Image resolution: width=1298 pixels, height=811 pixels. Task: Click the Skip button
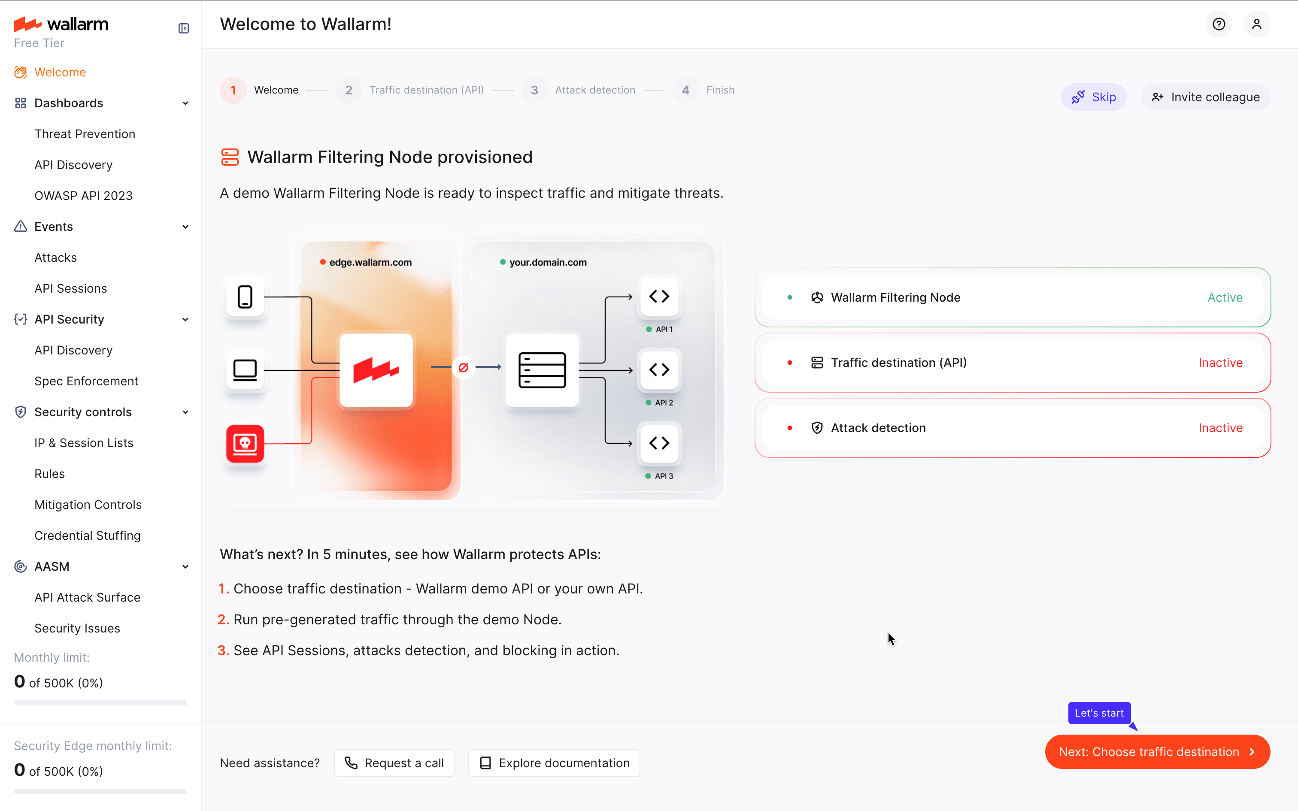[1094, 97]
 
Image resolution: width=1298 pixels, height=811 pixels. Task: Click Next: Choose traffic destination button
[1157, 751]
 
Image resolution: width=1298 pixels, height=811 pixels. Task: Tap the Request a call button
[394, 763]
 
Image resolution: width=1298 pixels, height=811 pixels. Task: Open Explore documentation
[554, 763]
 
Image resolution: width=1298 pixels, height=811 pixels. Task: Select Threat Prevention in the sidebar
[85, 134]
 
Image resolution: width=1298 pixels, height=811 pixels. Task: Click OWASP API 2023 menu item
[83, 196]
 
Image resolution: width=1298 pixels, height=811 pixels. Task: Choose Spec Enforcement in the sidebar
[86, 381]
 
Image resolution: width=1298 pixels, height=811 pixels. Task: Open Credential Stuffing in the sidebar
[88, 536]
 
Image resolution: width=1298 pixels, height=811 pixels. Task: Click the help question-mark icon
[1219, 24]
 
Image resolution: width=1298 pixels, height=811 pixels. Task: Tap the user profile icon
[1256, 24]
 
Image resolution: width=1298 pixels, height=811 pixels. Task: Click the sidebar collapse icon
[183, 28]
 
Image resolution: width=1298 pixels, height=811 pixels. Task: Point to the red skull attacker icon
[245, 444]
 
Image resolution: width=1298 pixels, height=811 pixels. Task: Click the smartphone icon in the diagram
[245, 297]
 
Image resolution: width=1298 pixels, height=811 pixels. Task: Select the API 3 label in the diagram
[664, 476]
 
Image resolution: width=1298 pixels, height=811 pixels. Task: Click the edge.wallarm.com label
[370, 262]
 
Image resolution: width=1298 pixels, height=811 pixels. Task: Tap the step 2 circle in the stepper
[349, 90]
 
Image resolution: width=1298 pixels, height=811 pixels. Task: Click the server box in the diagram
[542, 370]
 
